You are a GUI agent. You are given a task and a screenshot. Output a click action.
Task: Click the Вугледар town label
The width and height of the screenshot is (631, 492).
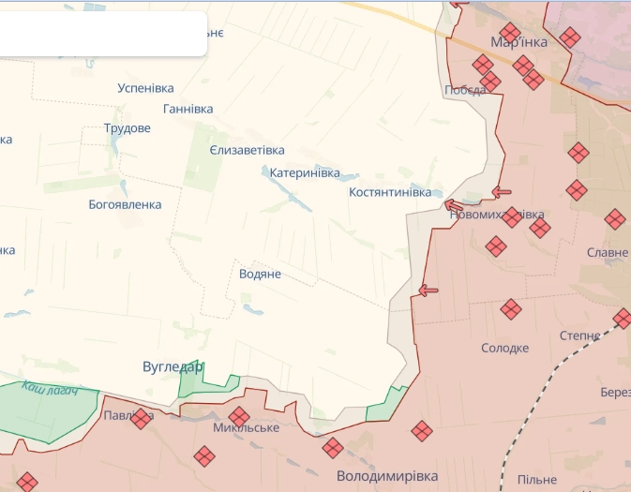click(x=172, y=366)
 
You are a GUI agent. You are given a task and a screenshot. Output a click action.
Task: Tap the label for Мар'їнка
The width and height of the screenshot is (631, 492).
click(x=518, y=42)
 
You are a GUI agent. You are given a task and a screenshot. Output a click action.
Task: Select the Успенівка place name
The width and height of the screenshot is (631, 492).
click(x=145, y=88)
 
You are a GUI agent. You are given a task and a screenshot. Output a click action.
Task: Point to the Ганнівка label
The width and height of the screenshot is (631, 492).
click(x=188, y=109)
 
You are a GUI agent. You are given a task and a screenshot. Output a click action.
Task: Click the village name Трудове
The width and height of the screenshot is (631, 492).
click(x=127, y=128)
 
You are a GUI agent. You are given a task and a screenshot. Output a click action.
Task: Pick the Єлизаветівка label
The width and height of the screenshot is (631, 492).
click(x=247, y=150)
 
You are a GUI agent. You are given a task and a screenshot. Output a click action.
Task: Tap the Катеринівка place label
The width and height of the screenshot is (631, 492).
click(x=304, y=173)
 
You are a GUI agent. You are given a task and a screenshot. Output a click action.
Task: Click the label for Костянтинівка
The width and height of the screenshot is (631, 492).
click(x=389, y=192)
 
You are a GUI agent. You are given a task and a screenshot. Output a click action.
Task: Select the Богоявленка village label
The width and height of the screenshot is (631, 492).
click(x=125, y=204)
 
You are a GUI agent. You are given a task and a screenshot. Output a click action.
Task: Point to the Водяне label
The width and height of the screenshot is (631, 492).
click(x=260, y=274)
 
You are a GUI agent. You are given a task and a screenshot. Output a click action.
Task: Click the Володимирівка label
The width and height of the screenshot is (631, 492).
click(x=386, y=476)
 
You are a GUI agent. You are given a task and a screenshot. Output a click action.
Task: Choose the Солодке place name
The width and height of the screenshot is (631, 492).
click(x=504, y=348)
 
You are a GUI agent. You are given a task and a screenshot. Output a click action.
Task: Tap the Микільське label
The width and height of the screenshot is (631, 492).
click(x=246, y=428)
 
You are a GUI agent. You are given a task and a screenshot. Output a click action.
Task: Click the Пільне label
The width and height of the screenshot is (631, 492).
click(x=536, y=480)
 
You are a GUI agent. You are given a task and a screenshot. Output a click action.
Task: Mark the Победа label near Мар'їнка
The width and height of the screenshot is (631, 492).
click(x=464, y=90)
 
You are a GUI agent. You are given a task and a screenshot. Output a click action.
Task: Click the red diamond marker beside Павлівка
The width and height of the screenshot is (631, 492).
click(x=141, y=418)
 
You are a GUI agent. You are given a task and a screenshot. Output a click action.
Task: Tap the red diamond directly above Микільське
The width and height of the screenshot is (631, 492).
click(x=239, y=415)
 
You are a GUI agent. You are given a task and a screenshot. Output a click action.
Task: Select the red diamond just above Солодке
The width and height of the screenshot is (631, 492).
click(x=511, y=309)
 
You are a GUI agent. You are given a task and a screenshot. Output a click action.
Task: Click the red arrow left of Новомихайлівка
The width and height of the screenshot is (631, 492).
click(x=454, y=205)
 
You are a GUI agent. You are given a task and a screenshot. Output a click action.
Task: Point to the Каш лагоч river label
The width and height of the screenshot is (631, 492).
click(x=49, y=387)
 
